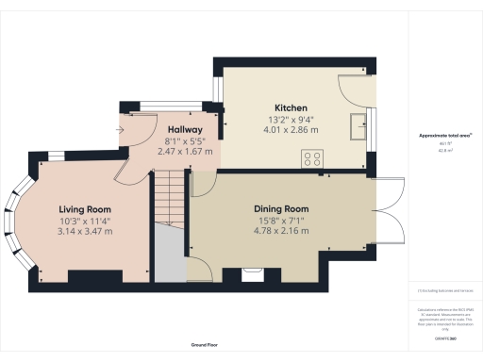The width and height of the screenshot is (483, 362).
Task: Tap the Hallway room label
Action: pyautogui.click(x=185, y=129)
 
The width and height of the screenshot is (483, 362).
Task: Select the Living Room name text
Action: pyautogui.click(x=86, y=208)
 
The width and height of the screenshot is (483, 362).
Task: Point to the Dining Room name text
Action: pyautogui.click(x=281, y=208)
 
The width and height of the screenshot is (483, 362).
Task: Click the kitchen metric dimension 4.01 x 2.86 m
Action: pyautogui.click(x=291, y=129)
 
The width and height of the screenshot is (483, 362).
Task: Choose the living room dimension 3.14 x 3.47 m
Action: pyautogui.click(x=86, y=230)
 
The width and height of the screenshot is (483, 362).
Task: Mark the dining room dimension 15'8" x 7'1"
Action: pyautogui.click(x=281, y=219)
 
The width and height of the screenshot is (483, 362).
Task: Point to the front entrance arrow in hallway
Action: pyautogui.click(x=121, y=129)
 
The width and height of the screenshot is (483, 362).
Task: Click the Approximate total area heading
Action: pyautogui.click(x=445, y=136)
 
